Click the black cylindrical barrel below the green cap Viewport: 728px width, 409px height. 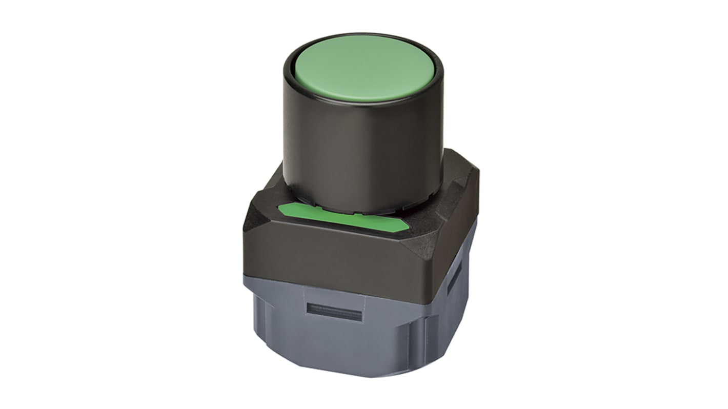point(361,149)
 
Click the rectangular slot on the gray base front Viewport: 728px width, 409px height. point(334,312)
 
